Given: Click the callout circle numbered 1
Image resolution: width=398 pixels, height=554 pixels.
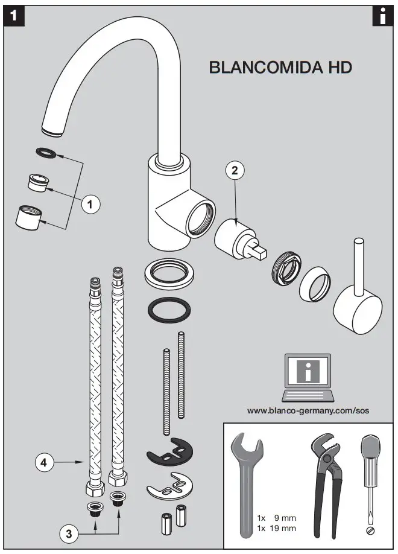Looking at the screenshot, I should [x=90, y=205].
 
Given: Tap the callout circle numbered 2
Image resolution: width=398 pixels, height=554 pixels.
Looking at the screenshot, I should [x=235, y=170].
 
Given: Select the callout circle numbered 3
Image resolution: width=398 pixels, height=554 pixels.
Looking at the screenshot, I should [x=69, y=532].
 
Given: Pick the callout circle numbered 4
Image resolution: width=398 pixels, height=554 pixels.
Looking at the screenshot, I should [x=43, y=463].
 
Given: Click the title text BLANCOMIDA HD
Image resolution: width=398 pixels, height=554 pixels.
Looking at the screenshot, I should [x=280, y=67].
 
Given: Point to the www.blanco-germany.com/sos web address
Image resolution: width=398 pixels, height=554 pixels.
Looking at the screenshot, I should [x=308, y=410].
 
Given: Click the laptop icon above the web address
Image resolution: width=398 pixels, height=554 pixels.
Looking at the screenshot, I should [x=308, y=378].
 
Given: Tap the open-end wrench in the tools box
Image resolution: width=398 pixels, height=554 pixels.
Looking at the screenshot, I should [x=247, y=483].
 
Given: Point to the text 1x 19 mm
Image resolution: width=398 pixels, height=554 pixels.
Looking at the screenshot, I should [x=276, y=528].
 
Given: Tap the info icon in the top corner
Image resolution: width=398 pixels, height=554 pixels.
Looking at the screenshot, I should [x=382, y=16].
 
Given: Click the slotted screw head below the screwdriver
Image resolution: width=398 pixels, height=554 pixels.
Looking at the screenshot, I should [x=370, y=530].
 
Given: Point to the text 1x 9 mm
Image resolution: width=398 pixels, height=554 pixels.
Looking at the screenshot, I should [x=276, y=518].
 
